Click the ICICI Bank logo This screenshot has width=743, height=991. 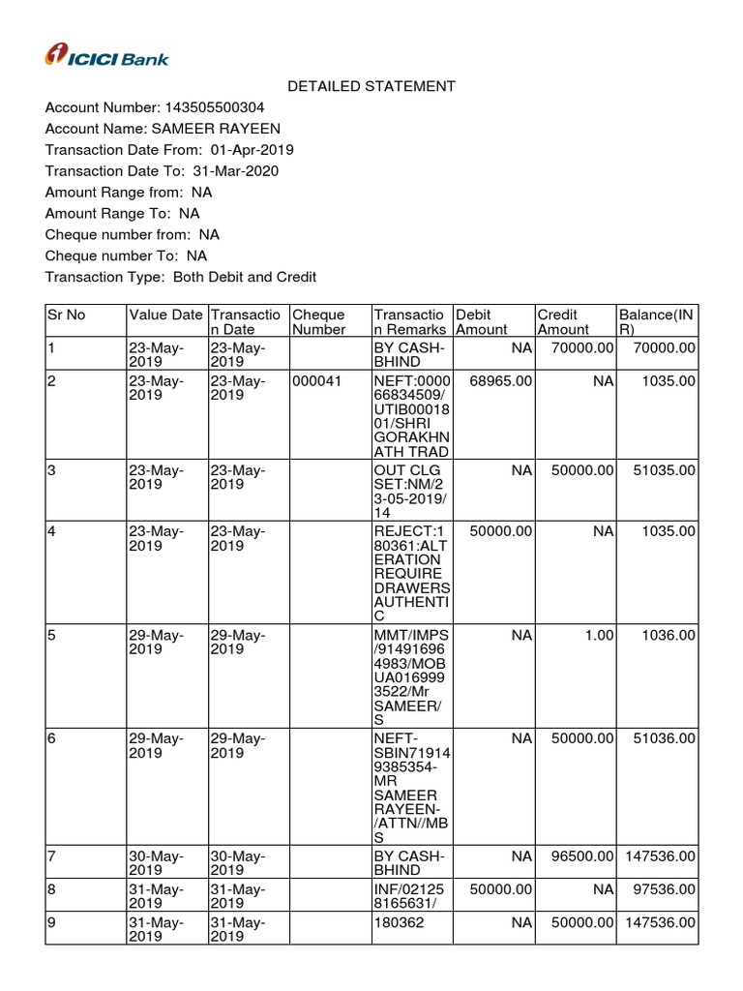(x=107, y=57)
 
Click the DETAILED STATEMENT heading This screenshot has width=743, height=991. (x=371, y=86)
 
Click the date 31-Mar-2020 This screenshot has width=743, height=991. (x=236, y=171)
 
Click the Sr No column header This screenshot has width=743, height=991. (x=67, y=315)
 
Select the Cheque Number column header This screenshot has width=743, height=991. (x=319, y=321)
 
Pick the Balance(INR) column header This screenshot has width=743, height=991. (x=657, y=321)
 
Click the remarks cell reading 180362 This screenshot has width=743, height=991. (x=396, y=922)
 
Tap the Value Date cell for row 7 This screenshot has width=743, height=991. (x=156, y=863)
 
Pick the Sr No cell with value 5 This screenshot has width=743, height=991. (x=52, y=635)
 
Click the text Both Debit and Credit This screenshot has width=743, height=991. (x=245, y=277)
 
